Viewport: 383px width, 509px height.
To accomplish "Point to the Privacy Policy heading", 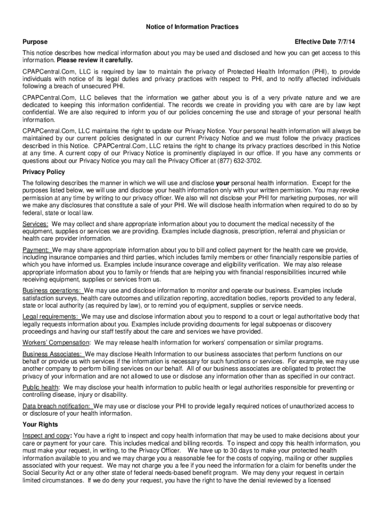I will (44, 172).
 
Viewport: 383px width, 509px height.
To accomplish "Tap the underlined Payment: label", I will (36, 250).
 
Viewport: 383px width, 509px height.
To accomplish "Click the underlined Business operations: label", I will (52, 290).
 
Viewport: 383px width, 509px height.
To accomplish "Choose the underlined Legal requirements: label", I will (50, 316).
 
